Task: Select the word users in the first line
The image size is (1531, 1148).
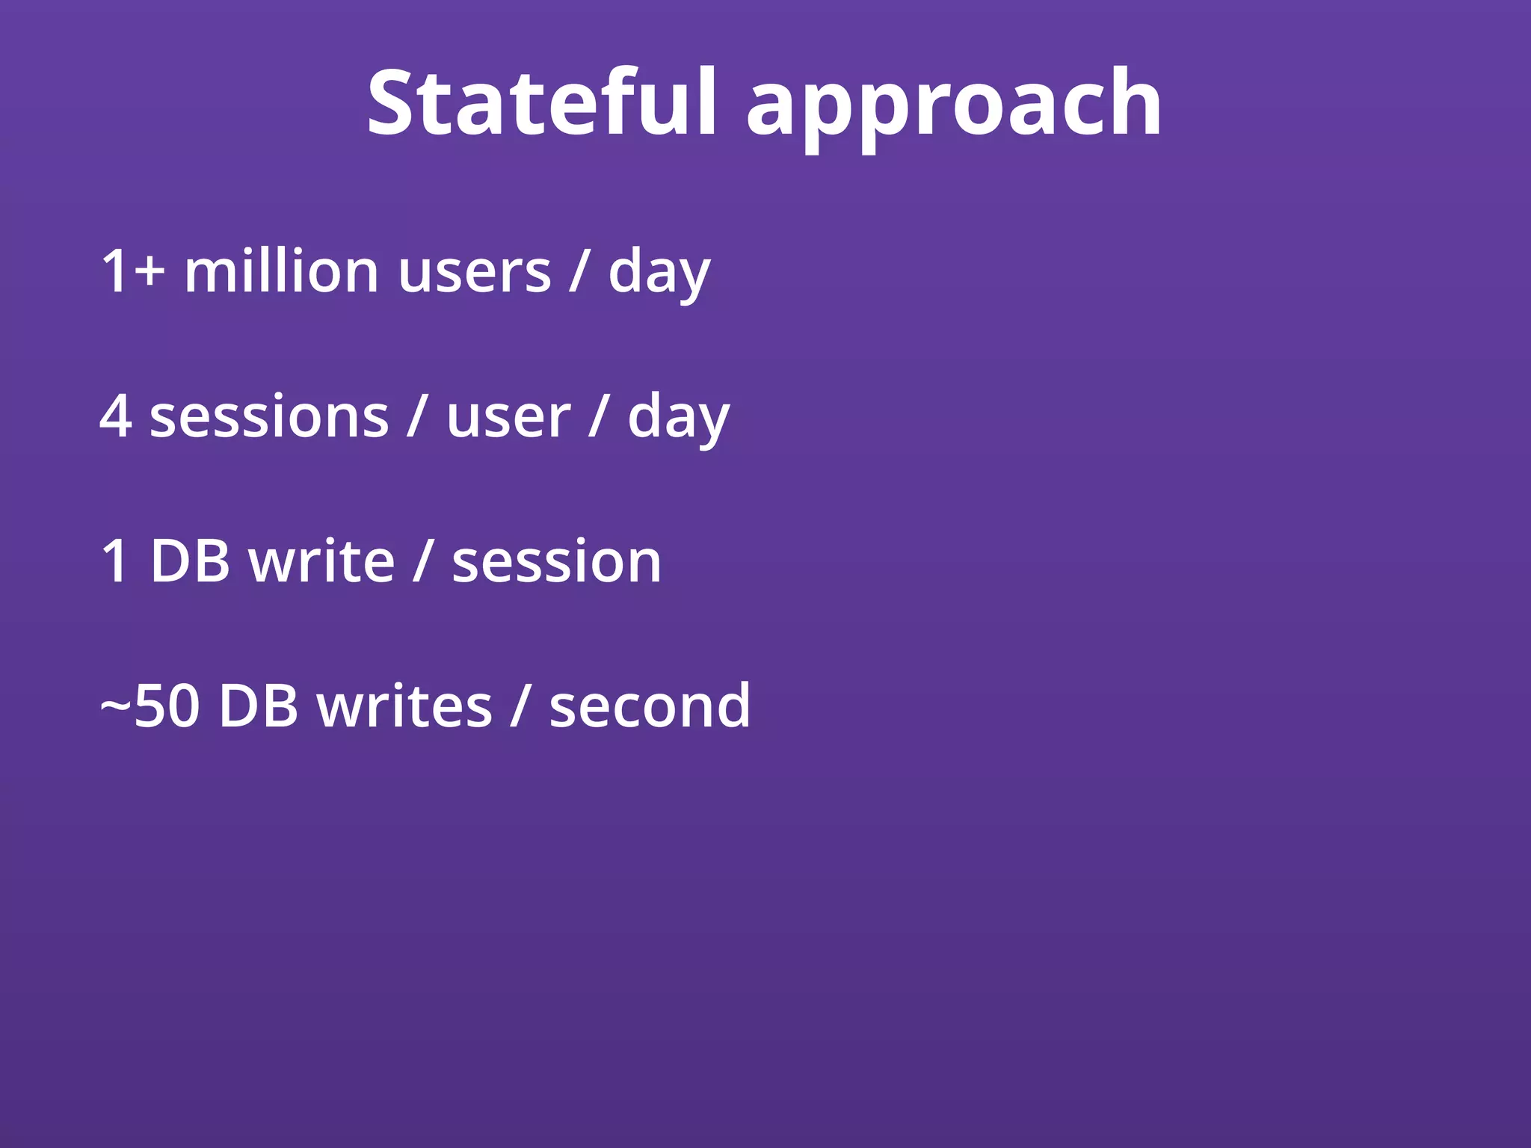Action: [x=475, y=273]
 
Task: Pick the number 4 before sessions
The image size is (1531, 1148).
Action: [x=115, y=416]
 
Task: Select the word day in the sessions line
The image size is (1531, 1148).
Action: [x=678, y=419]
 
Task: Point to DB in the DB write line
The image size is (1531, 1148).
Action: [x=190, y=561]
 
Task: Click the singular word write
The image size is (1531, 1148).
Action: [x=321, y=561]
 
